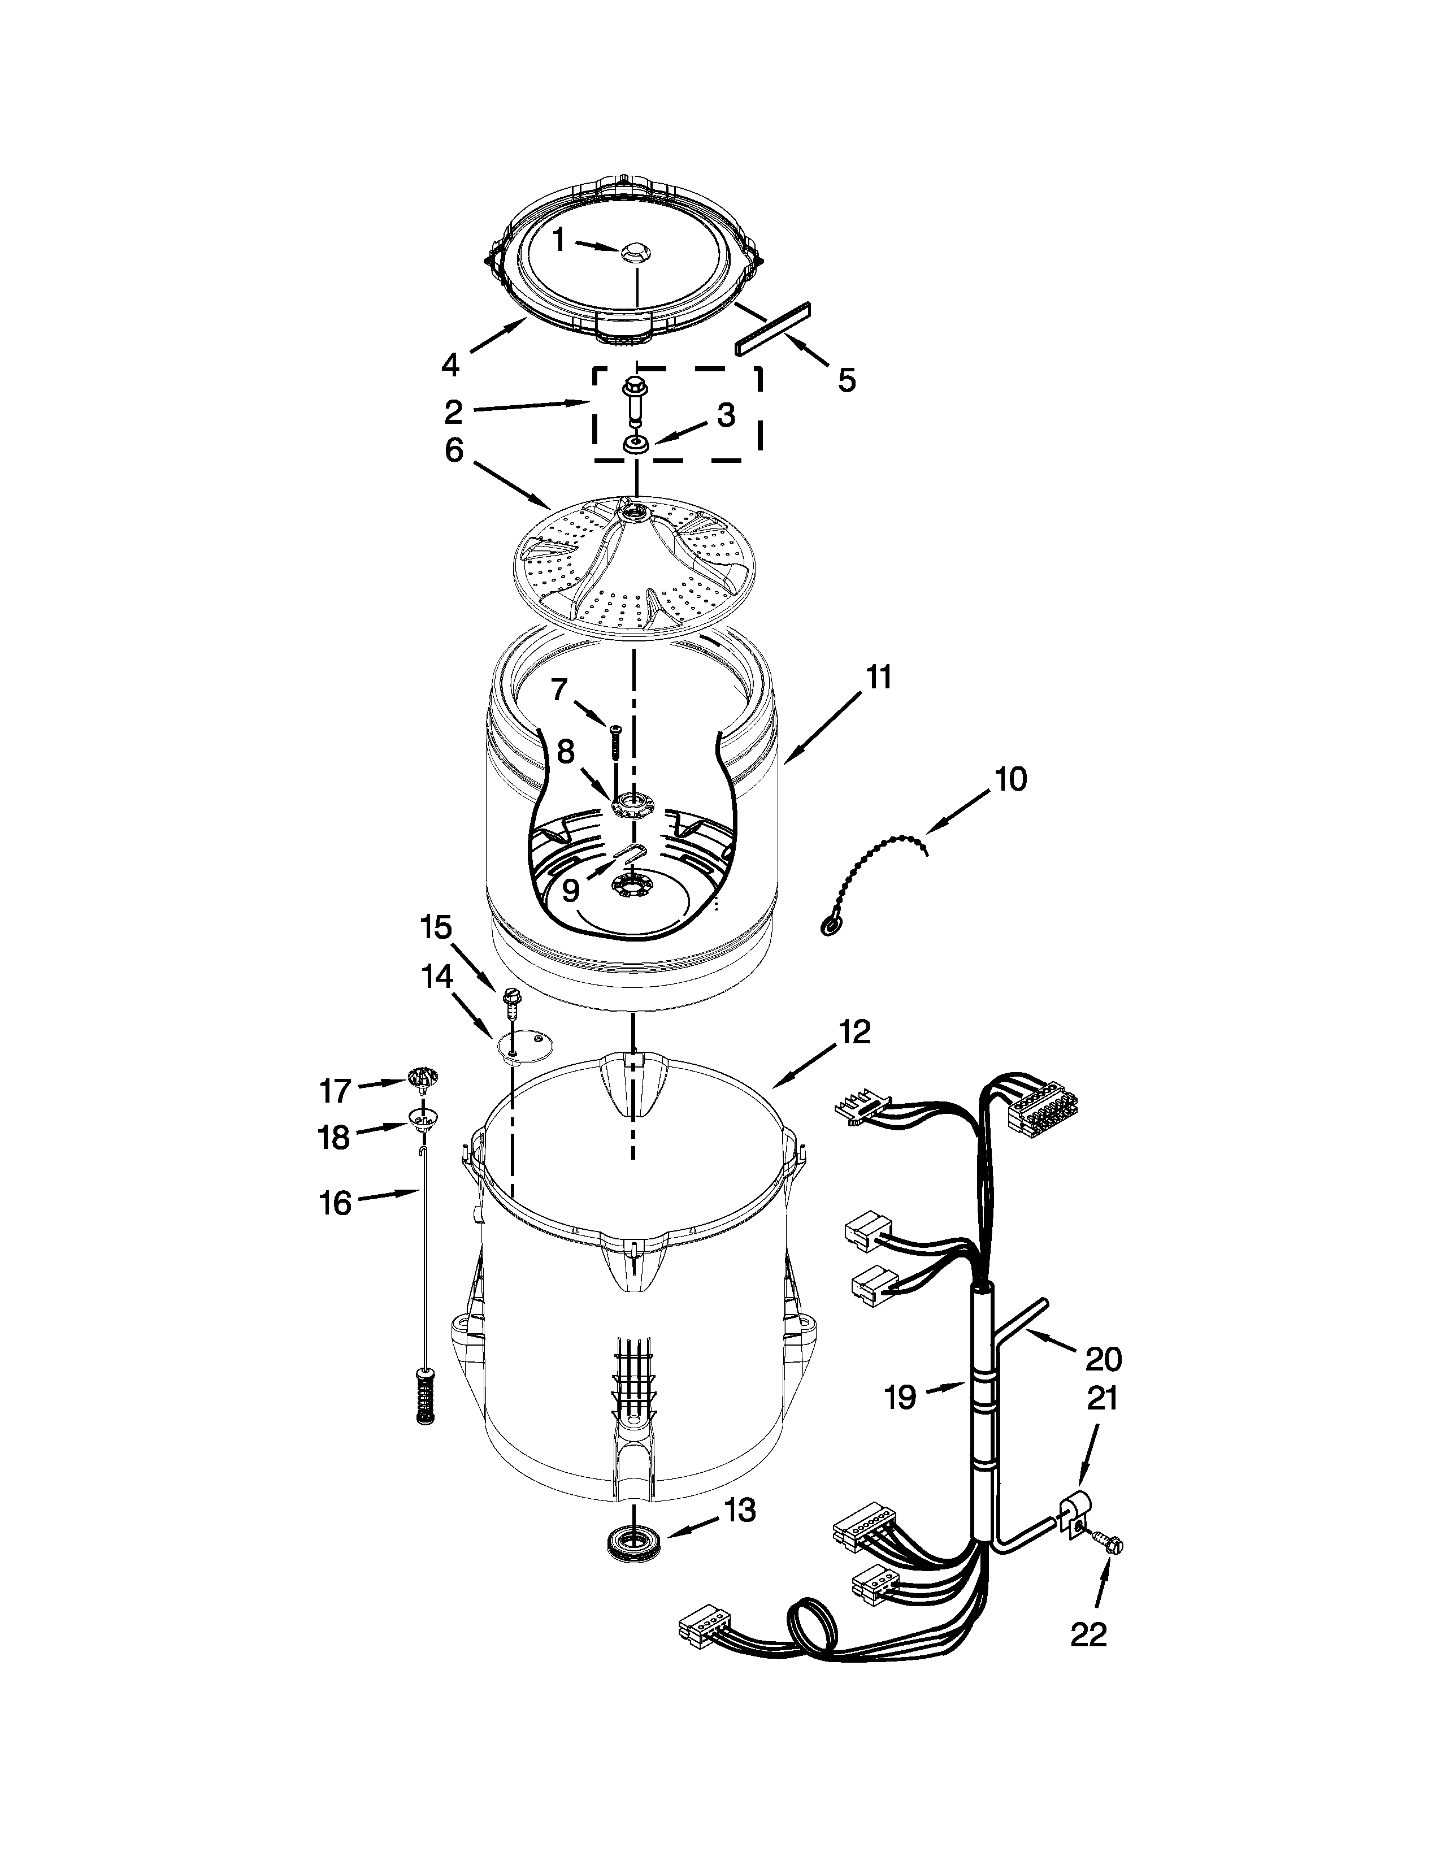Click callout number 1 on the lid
(x=559, y=241)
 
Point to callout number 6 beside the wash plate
(x=453, y=449)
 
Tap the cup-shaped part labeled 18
(x=421, y=1118)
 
